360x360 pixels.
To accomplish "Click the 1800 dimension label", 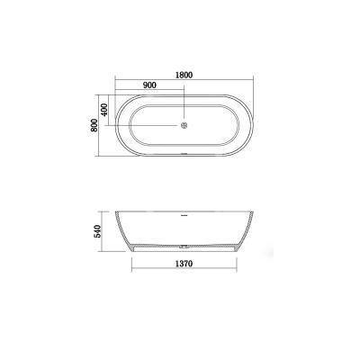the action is (x=184, y=75).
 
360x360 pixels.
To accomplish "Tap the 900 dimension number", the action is (x=149, y=85).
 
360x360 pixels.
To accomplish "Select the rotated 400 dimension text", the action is (x=103, y=110).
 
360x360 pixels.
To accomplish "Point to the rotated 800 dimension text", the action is (x=94, y=125).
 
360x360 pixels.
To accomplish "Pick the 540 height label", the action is (x=98, y=231).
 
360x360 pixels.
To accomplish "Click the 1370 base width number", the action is (x=184, y=264).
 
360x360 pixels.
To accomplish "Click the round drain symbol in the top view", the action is (x=184, y=125).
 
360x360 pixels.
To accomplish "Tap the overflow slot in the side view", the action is (x=184, y=215).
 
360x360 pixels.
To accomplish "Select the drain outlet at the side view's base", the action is (x=184, y=247).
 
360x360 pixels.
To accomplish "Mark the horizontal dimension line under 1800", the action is (x=184, y=80).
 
